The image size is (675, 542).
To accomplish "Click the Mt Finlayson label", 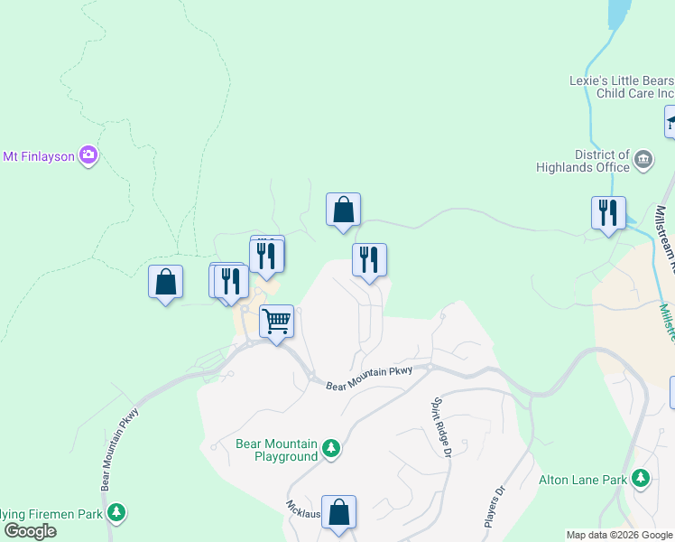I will [39, 155].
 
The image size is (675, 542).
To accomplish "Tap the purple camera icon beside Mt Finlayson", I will [88, 155].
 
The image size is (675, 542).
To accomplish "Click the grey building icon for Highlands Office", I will [643, 161].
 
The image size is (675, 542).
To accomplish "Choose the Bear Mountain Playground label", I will [276, 450].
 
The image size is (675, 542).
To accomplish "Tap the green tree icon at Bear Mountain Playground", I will [331, 449].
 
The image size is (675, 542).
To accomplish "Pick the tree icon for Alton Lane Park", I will [641, 477].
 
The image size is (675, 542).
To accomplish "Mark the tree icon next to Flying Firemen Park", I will [116, 513].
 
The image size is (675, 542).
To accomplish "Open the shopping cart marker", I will [276, 321].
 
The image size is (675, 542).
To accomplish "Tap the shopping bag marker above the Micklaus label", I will [338, 512].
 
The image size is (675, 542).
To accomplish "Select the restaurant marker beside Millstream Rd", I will [608, 213].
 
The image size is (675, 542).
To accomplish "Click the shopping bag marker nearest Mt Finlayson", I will [166, 282].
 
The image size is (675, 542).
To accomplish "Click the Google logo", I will [30, 531].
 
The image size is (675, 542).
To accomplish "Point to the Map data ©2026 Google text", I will [620, 535].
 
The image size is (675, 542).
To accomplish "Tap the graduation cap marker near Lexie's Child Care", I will [670, 121].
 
